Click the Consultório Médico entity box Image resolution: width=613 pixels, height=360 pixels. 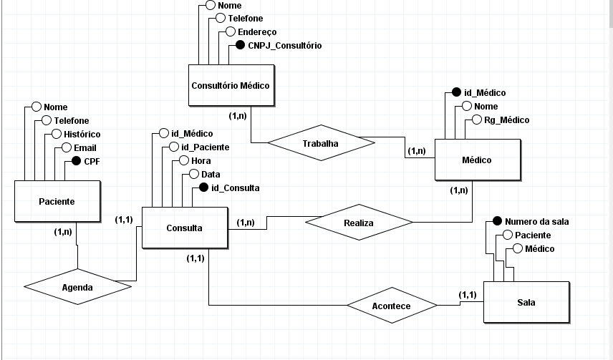231,86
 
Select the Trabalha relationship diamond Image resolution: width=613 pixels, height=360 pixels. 320,143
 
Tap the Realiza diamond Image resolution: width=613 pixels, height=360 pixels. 358,223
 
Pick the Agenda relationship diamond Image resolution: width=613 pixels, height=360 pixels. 77,287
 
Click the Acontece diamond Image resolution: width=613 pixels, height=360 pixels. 392,306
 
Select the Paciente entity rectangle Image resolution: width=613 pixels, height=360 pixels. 57,202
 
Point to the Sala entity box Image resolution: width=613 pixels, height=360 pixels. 526,303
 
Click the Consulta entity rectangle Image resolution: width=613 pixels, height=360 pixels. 184,228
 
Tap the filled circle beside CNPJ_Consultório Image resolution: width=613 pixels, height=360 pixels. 241,46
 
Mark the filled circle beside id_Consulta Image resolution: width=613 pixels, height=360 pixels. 203,188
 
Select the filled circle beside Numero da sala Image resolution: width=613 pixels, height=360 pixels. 497,222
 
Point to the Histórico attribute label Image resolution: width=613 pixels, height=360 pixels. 82,135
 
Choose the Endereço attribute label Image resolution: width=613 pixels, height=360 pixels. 257,32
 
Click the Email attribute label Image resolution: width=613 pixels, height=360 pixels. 85,148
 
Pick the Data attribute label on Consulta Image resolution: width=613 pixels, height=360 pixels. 211,175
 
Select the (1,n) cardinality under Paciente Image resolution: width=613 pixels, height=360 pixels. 63,232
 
